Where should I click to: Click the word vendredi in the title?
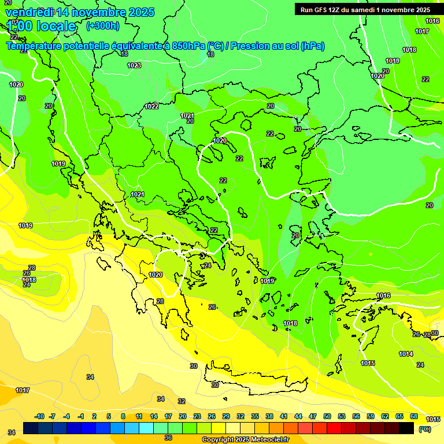point(29,12)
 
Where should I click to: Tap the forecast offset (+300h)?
point(103,25)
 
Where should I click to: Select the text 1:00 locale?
point(41,26)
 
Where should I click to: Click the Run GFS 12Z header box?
point(365,9)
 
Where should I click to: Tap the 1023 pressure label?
point(134,65)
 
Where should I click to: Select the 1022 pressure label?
point(152,106)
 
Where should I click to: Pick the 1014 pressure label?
point(406,354)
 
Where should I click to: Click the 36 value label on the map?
point(168,438)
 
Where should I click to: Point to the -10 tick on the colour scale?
point(39,416)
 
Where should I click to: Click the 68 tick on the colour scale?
point(414,416)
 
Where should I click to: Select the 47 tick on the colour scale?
point(313,416)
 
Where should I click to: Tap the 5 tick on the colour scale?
point(109,416)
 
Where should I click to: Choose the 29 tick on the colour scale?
point(225,416)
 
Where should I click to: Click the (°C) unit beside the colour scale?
point(425,429)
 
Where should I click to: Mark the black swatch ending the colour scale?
point(406,428)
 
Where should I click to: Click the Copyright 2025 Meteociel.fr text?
point(245,440)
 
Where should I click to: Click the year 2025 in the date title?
point(139,12)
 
